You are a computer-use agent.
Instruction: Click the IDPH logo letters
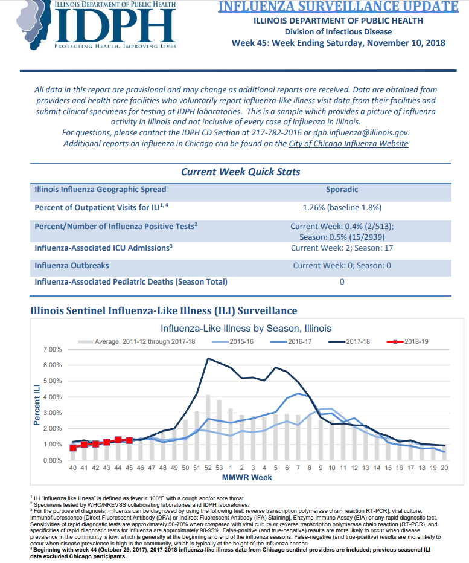[115, 25]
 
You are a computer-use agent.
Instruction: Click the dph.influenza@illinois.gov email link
[360, 133]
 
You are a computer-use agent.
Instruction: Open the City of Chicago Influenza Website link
[348, 144]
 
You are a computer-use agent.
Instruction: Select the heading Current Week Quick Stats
[240, 172]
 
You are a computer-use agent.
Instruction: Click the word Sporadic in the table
[342, 189]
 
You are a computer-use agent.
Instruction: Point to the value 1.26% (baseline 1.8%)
[342, 208]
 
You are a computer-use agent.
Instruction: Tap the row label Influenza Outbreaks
[72, 266]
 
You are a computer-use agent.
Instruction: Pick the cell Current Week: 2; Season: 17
[342, 248]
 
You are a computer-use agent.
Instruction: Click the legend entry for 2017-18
[349, 341]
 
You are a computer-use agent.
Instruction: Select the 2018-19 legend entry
[407, 341]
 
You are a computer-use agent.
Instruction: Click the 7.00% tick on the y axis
[53, 349]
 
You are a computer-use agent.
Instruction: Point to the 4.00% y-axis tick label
[53, 397]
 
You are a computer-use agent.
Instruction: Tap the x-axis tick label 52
[208, 468]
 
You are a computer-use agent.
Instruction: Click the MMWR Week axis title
[247, 478]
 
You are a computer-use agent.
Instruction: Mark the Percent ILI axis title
[37, 405]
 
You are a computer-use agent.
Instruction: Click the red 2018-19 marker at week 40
[73, 448]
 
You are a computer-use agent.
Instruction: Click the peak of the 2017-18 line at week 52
[208, 358]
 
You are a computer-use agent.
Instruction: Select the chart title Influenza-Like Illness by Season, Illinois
[246, 329]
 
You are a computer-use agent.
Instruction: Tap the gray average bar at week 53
[219, 429]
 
